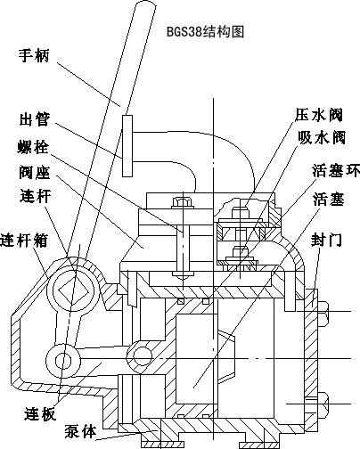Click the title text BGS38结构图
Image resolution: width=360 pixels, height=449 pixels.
coord(205,31)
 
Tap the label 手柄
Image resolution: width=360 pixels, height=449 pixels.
coord(34,55)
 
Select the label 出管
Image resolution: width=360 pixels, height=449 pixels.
coord(35,119)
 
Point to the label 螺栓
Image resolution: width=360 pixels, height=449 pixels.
coord(33,147)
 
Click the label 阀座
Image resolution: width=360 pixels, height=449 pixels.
coord(35,172)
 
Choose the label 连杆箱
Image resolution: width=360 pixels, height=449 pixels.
coord(24,240)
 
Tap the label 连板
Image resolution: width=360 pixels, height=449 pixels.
coord(40,413)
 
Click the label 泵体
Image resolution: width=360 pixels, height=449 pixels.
coord(81,431)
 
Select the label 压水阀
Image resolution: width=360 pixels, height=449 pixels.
coord(319,115)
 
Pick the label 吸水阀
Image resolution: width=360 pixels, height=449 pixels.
coord(322,138)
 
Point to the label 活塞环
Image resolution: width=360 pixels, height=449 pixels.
coord(336,170)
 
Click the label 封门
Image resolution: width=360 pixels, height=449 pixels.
coord(326,240)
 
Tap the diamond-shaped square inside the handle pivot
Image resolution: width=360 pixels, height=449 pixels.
coord(74,290)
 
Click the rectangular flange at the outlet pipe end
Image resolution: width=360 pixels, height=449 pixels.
coord(127,146)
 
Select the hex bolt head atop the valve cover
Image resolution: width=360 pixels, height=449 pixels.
coord(183,203)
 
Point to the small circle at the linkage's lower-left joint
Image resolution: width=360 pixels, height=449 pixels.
coord(63,360)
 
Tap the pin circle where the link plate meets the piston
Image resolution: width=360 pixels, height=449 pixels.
coord(139,355)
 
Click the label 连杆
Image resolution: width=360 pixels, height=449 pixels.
coord(36,196)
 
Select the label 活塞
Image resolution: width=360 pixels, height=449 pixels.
coord(329,199)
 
